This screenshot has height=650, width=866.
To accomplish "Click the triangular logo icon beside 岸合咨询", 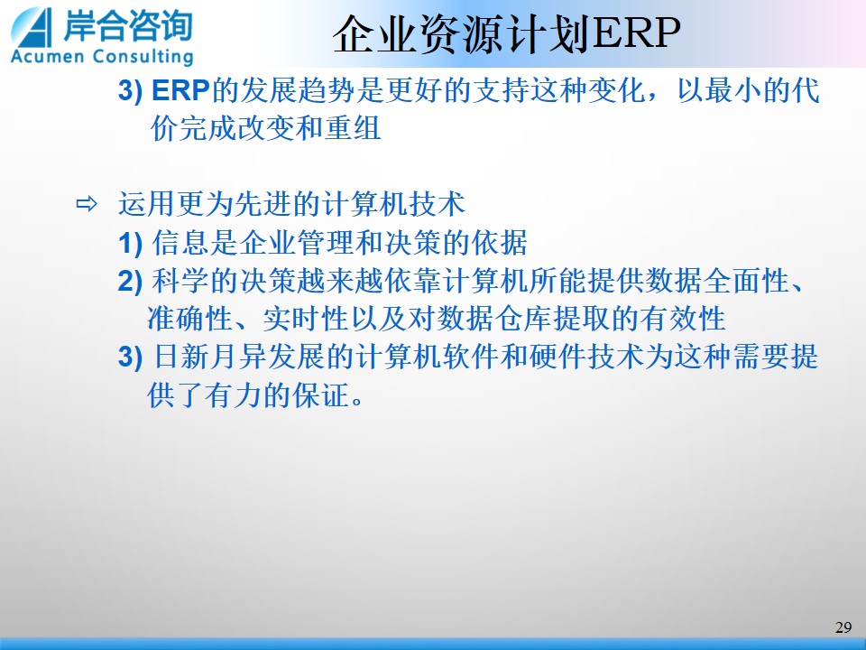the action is pyautogui.click(x=32, y=27).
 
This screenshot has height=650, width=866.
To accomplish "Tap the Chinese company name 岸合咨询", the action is pyautogui.click(x=128, y=25).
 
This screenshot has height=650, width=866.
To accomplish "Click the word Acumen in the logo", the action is pyautogui.click(x=47, y=56).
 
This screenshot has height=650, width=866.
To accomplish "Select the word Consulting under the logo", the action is pyautogui.click(x=143, y=56).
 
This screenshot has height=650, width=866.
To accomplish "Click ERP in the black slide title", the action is pyautogui.click(x=635, y=33).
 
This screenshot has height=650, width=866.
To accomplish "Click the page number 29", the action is pyautogui.click(x=843, y=627).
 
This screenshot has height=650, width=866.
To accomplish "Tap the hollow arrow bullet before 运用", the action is pyautogui.click(x=87, y=204).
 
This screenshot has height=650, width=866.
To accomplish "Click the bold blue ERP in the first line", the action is pyautogui.click(x=180, y=90).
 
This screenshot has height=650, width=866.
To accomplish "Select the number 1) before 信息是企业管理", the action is pyautogui.click(x=130, y=243).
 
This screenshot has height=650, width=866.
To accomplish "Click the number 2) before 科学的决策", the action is pyautogui.click(x=130, y=282).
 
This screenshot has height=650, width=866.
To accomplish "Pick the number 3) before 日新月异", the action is pyautogui.click(x=130, y=357).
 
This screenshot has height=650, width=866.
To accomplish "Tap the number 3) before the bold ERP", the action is pyautogui.click(x=130, y=90).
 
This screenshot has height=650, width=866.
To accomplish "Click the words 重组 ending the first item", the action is pyautogui.click(x=353, y=128).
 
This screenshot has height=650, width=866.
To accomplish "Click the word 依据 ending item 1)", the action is pyautogui.click(x=500, y=243).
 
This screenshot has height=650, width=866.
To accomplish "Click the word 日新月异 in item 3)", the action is pyautogui.click(x=209, y=357).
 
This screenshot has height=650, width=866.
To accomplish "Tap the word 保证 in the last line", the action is pyautogui.click(x=321, y=395).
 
